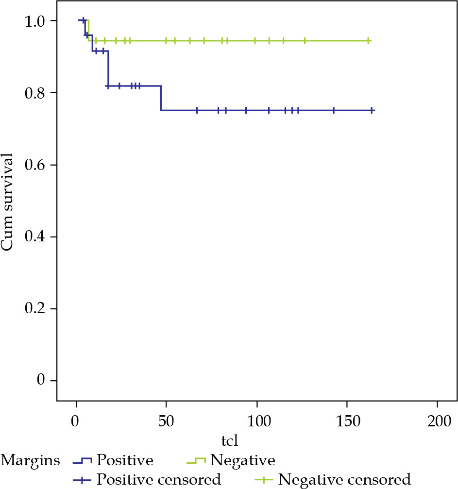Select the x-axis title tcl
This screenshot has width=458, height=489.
pyautogui.click(x=229, y=440)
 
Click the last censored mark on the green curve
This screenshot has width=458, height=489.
pyautogui.click(x=369, y=41)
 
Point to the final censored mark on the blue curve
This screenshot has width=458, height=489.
pyautogui.click(x=372, y=111)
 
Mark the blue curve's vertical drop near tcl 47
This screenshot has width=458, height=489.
pyautogui.click(x=161, y=98)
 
